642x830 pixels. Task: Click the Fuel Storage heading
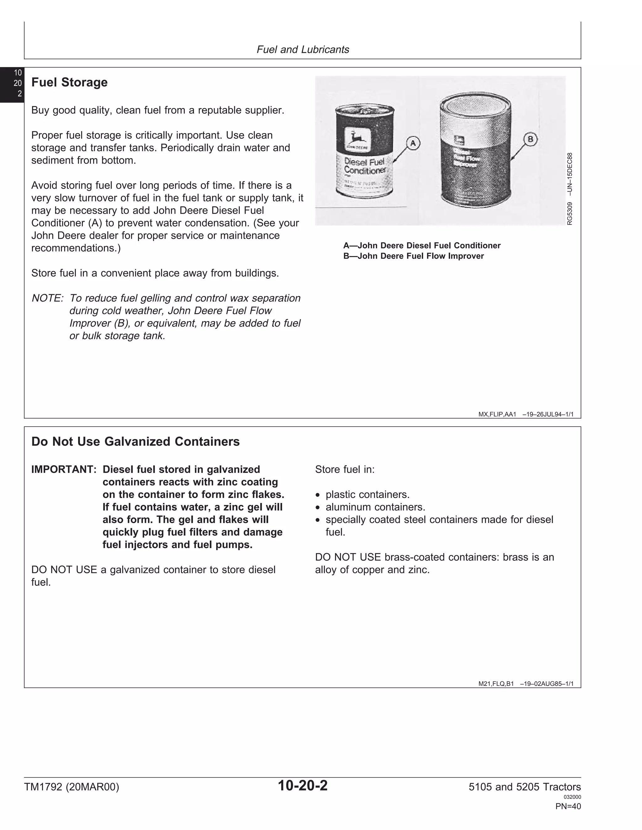coord(69,82)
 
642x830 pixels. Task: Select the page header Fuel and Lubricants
coord(303,50)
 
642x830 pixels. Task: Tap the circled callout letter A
coord(413,143)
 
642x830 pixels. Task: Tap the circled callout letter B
coord(530,139)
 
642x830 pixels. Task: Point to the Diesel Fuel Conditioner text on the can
coord(364,166)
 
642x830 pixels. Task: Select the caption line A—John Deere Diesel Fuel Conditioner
coord(422,246)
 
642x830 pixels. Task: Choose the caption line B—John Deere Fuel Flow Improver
coord(413,256)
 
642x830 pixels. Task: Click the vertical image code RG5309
coord(569,213)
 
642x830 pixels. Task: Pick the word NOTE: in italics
coord(47,298)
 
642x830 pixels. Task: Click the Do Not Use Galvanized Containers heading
coord(135,442)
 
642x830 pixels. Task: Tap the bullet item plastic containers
coord(367,495)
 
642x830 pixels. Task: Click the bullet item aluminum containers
coord(375,507)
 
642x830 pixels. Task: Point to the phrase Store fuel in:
coord(345,469)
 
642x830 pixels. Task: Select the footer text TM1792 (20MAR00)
coord(71,787)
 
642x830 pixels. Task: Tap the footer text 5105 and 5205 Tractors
coord(524,787)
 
